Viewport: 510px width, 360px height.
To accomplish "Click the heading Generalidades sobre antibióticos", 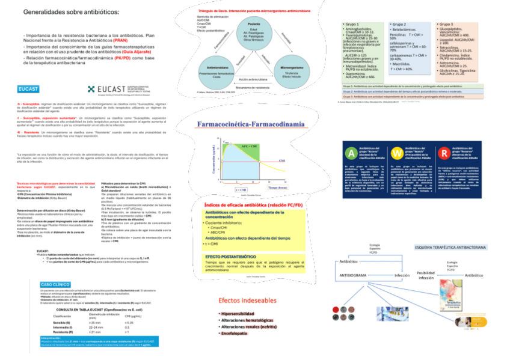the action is [x=67, y=12].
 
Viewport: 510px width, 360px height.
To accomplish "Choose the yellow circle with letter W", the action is [x=397, y=152].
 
